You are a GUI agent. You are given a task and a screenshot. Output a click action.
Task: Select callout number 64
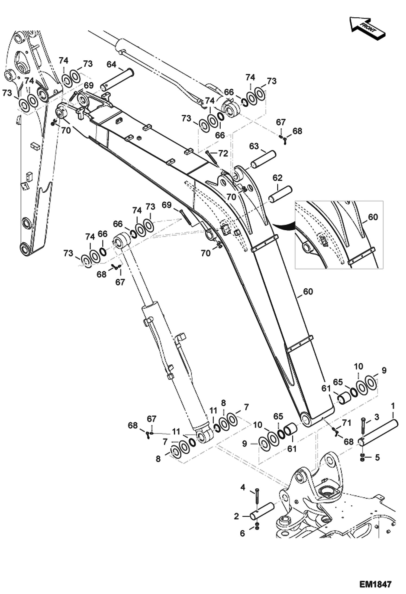(x=111, y=64)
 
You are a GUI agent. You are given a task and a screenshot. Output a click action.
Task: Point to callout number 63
(x=254, y=146)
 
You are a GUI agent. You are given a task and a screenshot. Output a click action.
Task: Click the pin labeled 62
(x=280, y=194)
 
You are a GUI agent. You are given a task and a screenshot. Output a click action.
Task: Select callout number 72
(x=223, y=154)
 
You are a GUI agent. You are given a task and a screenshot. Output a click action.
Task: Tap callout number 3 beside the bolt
(x=377, y=417)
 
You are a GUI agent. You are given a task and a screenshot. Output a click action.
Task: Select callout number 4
(x=243, y=488)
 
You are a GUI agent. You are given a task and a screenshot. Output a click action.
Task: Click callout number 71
(x=347, y=423)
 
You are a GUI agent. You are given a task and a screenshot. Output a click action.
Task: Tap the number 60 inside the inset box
(x=373, y=217)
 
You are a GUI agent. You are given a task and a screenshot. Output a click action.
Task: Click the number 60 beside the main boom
(x=308, y=292)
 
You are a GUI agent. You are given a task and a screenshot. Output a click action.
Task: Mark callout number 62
(x=277, y=178)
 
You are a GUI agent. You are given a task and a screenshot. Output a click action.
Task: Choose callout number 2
(x=237, y=516)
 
